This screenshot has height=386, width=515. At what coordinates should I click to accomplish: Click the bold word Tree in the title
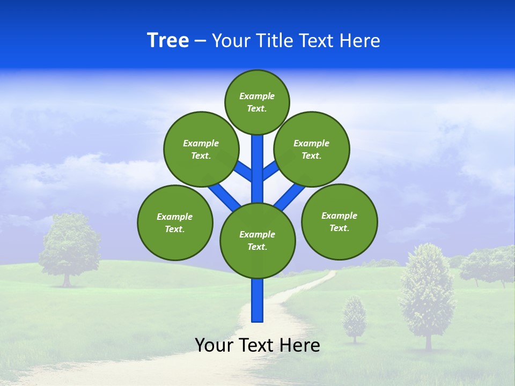[168, 40]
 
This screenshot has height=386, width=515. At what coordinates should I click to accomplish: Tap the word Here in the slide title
[359, 40]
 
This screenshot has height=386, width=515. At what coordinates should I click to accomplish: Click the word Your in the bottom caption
[215, 345]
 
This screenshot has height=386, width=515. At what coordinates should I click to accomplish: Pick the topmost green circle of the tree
[257, 102]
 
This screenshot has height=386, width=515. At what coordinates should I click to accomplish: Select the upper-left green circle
[201, 149]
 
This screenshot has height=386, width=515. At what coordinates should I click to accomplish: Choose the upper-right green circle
[312, 149]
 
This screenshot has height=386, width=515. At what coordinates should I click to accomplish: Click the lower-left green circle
[175, 222]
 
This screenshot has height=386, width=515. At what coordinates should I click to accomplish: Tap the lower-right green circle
[339, 221]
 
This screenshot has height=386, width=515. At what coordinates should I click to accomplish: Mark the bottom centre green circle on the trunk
[257, 240]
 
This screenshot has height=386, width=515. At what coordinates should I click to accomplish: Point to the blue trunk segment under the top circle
[257, 161]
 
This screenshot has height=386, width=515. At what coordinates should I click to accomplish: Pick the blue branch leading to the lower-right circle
[290, 196]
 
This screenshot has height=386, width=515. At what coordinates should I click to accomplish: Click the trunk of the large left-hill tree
[67, 279]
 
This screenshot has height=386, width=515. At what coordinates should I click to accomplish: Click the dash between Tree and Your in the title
[200, 41]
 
